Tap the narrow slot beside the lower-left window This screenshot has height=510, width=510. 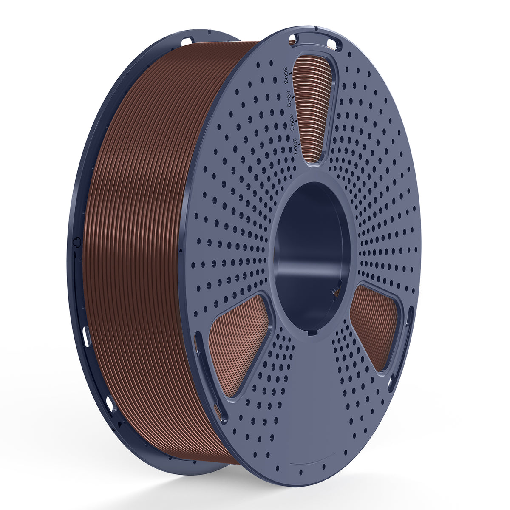198,348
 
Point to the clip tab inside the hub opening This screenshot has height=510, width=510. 336,289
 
